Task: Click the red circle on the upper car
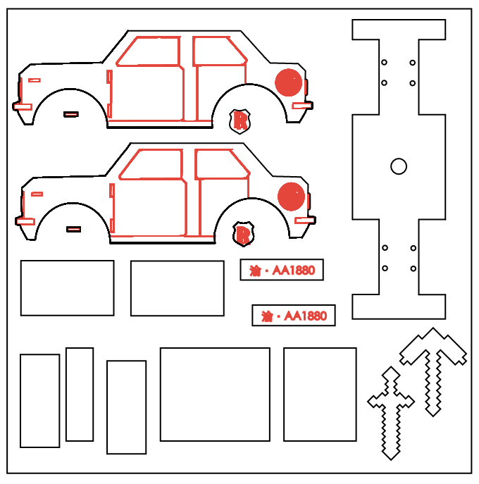(x=288, y=82)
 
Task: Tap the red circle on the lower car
(x=291, y=197)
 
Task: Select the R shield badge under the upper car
(x=240, y=121)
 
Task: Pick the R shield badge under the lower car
(x=243, y=234)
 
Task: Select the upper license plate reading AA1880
(x=282, y=270)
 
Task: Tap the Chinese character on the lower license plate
(x=267, y=316)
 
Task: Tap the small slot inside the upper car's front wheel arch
(x=71, y=115)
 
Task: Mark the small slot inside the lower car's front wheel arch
(x=74, y=229)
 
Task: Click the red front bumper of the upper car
(x=23, y=107)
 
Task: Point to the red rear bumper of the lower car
(x=304, y=220)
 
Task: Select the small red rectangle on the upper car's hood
(x=35, y=80)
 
